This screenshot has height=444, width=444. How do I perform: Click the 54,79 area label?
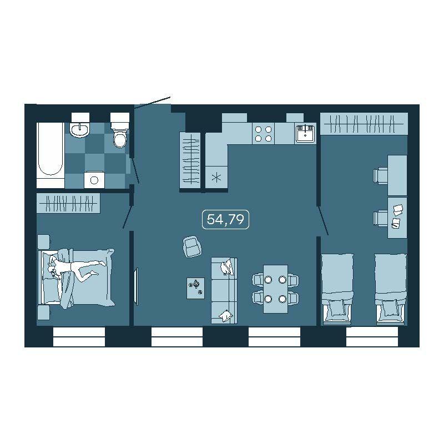(x=225, y=219)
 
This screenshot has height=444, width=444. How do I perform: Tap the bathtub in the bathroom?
(x=51, y=155)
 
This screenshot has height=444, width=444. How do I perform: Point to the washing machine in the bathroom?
(x=94, y=179)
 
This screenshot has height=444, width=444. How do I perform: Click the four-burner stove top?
(x=263, y=134)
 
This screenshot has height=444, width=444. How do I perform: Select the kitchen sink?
(x=305, y=133)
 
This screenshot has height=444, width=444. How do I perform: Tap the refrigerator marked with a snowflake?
(x=216, y=177)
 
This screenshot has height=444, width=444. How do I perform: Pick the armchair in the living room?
(x=192, y=246)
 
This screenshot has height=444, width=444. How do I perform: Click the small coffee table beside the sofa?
(x=195, y=287)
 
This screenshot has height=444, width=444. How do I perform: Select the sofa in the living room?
(x=224, y=290)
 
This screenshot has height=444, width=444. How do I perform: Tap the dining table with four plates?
(x=275, y=289)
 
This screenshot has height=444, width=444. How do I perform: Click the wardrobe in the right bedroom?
(x=364, y=124)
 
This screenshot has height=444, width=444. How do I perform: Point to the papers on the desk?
(x=397, y=216)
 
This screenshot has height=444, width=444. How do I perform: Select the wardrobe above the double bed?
(x=68, y=203)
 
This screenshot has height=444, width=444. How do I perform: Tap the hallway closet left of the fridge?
(x=190, y=160)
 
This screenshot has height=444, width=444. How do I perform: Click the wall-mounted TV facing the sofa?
(x=136, y=286)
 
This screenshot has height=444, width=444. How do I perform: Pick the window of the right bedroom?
(x=372, y=337)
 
